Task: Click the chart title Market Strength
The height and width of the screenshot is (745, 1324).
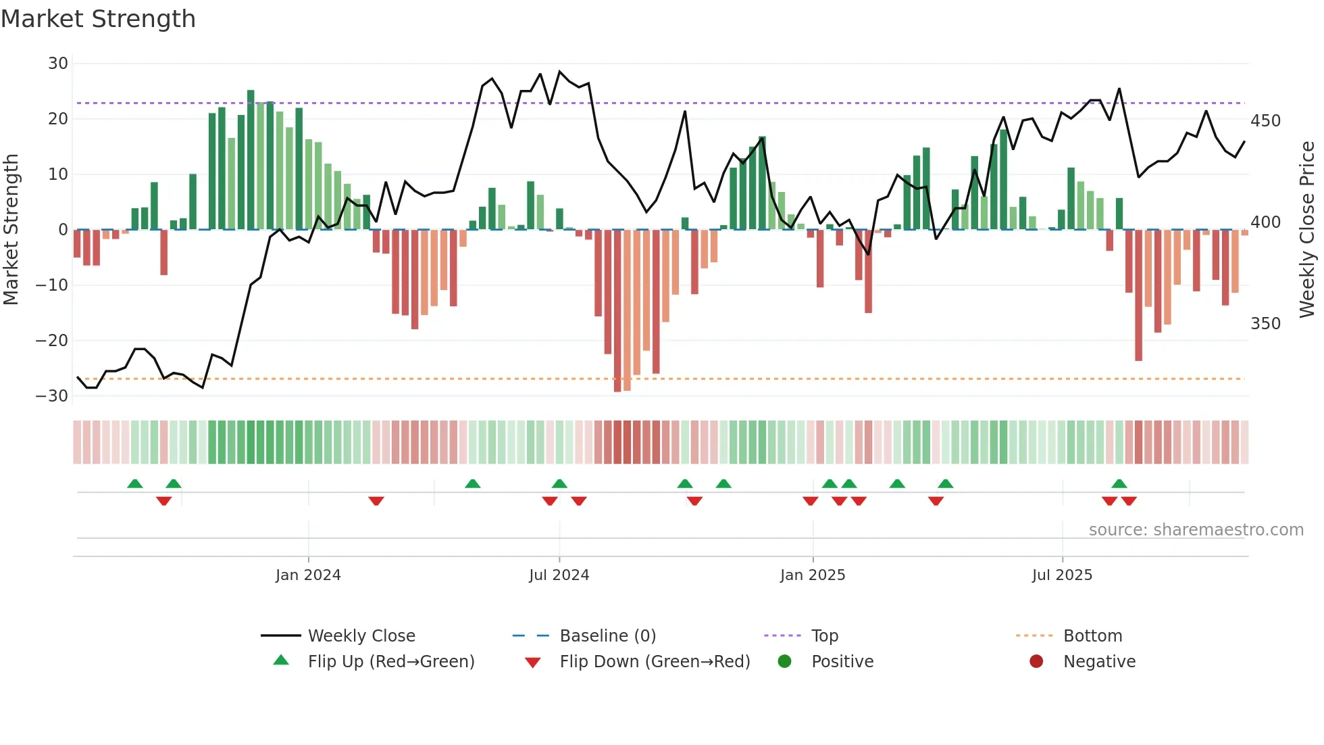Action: [98, 19]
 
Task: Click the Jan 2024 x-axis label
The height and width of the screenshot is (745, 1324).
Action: [308, 575]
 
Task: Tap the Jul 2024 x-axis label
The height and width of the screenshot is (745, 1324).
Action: [559, 575]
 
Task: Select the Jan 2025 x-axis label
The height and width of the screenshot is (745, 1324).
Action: [812, 575]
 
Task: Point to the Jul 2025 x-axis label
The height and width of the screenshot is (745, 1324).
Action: [1062, 575]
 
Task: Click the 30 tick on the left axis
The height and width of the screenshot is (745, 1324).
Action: [58, 64]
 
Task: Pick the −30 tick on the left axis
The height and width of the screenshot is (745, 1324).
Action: [52, 396]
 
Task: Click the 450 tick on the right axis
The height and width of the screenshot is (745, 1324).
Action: [1265, 121]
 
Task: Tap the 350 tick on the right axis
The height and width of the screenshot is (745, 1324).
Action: [1265, 324]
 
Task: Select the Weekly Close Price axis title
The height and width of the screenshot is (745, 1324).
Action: [1307, 230]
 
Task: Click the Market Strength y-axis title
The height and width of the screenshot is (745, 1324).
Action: [11, 230]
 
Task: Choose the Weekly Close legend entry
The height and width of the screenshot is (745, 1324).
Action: [361, 636]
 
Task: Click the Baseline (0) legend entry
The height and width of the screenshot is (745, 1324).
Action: [607, 636]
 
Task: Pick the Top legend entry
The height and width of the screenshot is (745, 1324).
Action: [824, 636]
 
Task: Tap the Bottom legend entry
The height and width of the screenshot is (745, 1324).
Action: [1092, 636]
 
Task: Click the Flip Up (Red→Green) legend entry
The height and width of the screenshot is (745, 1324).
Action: [390, 662]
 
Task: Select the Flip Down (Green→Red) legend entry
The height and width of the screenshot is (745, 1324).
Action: [654, 662]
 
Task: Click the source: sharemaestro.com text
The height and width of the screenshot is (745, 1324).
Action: [1196, 530]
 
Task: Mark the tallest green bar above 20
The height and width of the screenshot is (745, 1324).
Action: [251, 160]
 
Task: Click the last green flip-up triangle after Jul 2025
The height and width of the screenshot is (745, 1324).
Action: [1119, 484]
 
